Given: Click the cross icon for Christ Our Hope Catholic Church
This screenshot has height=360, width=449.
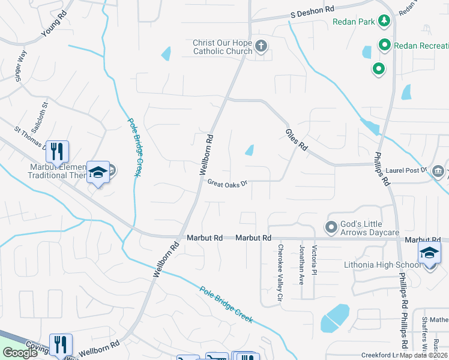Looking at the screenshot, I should point(261,46).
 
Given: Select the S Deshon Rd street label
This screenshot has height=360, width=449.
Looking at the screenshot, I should point(312,11).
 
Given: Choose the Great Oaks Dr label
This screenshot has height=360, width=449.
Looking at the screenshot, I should point(228,182).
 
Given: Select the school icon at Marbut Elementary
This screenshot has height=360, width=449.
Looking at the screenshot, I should point(97,173).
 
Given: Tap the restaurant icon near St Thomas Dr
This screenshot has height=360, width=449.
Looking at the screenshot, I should point(57,151).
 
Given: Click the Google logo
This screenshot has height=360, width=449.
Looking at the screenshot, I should point(20,353).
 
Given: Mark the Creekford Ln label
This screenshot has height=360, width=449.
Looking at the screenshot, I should point(382,355).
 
